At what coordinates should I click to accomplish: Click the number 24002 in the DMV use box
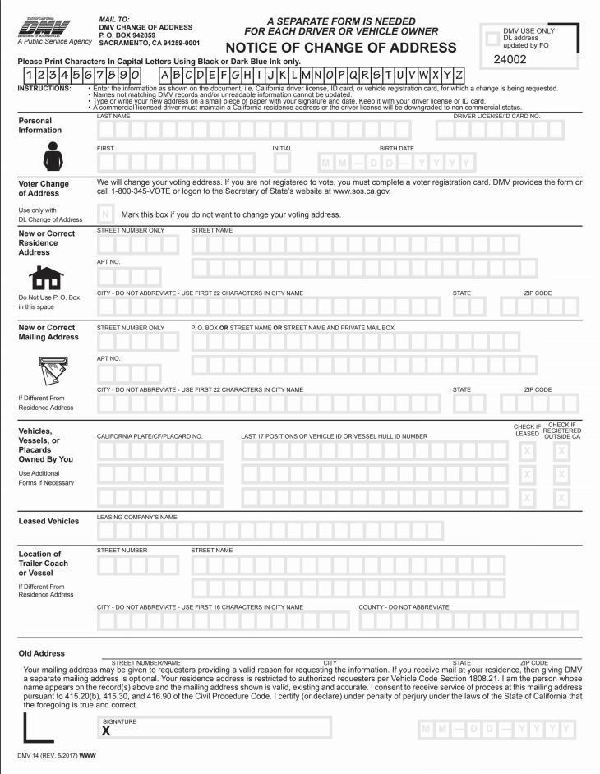515,60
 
